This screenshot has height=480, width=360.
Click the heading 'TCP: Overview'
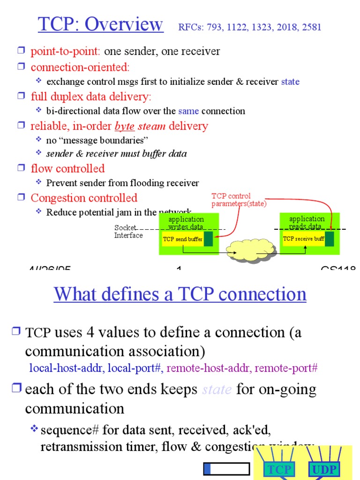tap(101, 24)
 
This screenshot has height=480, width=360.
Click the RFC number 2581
tap(312, 27)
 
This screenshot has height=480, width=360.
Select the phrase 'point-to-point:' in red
tap(66, 52)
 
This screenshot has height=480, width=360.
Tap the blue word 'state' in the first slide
tap(290, 82)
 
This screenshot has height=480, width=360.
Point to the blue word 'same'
tap(188, 111)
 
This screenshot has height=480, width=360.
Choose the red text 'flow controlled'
tap(67, 169)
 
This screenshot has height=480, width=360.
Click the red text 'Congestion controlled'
tap(84, 198)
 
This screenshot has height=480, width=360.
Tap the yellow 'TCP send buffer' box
tap(182, 239)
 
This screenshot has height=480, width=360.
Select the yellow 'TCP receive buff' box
tap(303, 239)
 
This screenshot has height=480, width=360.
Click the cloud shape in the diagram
tap(247, 252)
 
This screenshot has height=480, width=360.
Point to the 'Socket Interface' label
tap(128, 232)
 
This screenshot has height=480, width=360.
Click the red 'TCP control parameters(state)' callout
tap(239, 200)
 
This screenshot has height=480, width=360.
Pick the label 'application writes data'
tap(186, 223)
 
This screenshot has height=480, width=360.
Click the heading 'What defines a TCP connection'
tap(180, 294)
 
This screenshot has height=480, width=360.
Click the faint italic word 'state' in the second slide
tap(217, 390)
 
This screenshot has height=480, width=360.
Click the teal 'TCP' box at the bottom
tap(279, 470)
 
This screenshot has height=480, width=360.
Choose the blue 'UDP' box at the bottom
tap(323, 470)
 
